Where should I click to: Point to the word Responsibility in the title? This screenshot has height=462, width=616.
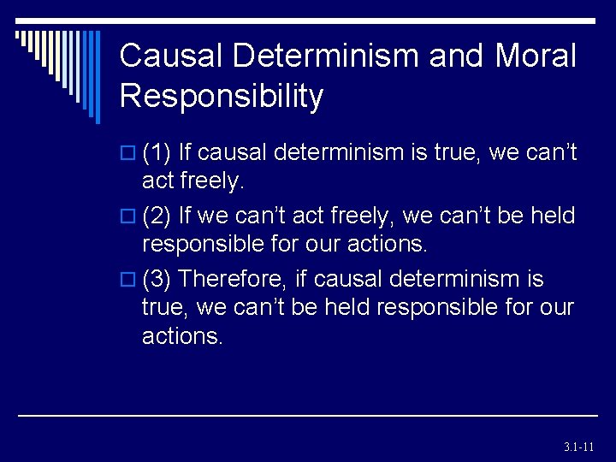(x=222, y=96)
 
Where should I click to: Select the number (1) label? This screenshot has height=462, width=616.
(x=157, y=153)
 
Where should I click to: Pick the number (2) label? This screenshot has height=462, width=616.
(x=157, y=216)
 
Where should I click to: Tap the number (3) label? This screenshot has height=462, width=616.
(x=157, y=280)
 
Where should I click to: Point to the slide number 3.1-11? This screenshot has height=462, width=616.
(x=579, y=447)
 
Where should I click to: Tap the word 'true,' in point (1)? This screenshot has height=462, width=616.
(x=452, y=153)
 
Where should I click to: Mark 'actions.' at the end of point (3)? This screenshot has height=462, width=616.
(x=182, y=336)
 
